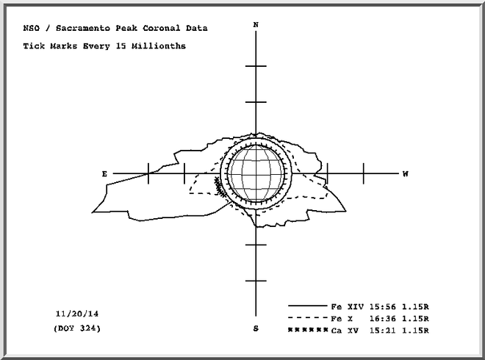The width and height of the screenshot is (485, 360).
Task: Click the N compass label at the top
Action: tap(256, 25)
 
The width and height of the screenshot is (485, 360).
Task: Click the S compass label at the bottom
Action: tap(256, 328)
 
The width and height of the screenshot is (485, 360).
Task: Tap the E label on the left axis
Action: tap(104, 174)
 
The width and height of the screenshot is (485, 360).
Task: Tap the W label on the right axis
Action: tap(406, 174)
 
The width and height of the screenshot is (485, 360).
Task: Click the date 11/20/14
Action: tap(77, 314)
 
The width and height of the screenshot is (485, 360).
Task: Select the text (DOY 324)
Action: tap(77, 328)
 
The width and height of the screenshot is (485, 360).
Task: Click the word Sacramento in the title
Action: tap(82, 28)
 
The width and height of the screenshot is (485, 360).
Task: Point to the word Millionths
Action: tap(159, 46)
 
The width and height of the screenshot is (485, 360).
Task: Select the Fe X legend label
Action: tap(342, 319)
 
